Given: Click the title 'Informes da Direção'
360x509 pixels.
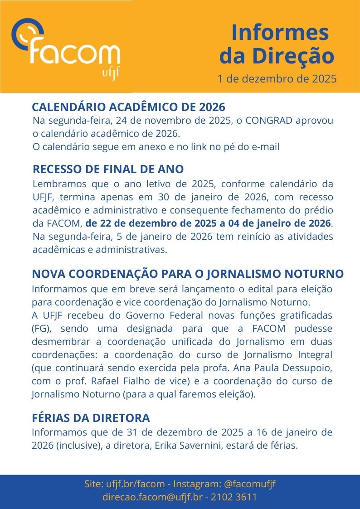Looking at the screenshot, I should click(277, 44).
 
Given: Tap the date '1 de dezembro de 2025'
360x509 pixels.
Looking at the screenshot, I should click(277, 79).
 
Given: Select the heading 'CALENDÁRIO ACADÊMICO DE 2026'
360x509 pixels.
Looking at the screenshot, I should click(128, 107).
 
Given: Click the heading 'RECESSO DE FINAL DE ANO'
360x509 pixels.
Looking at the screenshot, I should click(108, 170).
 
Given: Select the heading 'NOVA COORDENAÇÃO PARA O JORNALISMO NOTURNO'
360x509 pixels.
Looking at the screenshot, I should click(188, 274).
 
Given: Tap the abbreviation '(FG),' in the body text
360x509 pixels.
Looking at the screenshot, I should click(42, 329).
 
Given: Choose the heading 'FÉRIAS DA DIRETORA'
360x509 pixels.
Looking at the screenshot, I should click(91, 418).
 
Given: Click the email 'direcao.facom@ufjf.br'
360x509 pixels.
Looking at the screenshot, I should click(152, 497).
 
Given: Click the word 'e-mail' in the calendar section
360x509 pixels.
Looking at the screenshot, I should click(266, 147).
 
